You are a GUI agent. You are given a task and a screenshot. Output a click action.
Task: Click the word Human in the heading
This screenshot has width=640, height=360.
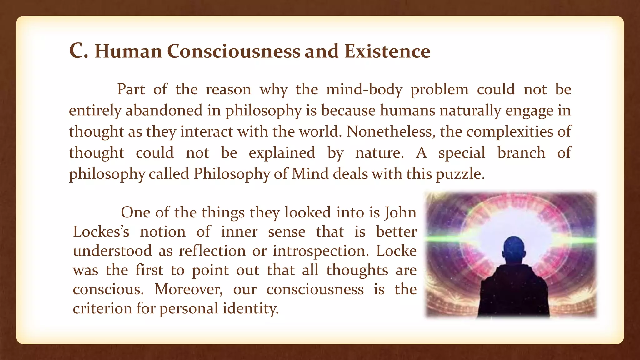(x=128, y=51)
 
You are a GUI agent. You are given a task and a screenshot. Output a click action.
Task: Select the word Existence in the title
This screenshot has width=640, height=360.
(x=387, y=51)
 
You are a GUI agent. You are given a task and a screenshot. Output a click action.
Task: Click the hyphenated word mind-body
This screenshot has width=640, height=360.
(x=364, y=90)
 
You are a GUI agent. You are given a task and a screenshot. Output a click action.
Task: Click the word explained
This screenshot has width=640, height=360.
(x=282, y=153)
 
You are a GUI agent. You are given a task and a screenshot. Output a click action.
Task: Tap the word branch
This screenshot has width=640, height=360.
(x=521, y=153)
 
